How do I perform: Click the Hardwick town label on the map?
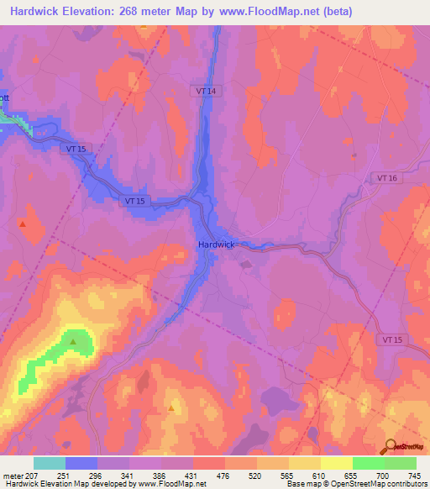pos(216,244)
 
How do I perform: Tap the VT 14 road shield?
pos(210,90)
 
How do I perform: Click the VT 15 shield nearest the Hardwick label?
pos(134,202)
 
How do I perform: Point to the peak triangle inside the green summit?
pos(74,341)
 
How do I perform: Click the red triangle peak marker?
pos(23,224)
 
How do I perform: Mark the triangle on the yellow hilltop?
pos(171,408)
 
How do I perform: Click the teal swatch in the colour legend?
pos(50,463)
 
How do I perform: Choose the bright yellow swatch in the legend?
pos(336,463)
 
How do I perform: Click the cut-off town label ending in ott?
pos(3,97)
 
